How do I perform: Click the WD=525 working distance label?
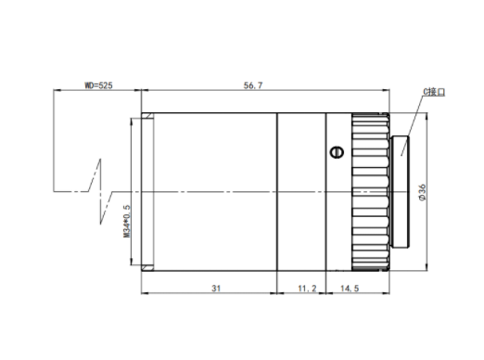pyautogui.click(x=98, y=85)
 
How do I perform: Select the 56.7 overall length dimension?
pyautogui.click(x=253, y=85)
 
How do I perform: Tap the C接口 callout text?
pyautogui.click(x=434, y=92)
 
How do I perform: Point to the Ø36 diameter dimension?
pyautogui.click(x=422, y=192)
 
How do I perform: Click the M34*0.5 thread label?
pyautogui.click(x=127, y=221)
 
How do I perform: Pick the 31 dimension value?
pyautogui.click(x=216, y=289)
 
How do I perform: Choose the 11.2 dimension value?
pyautogui.click(x=307, y=289)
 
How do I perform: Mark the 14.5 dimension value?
pyautogui.click(x=350, y=289)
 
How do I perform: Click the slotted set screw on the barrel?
pyautogui.click(x=337, y=152)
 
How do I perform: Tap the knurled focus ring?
pyautogui.click(x=370, y=192)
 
